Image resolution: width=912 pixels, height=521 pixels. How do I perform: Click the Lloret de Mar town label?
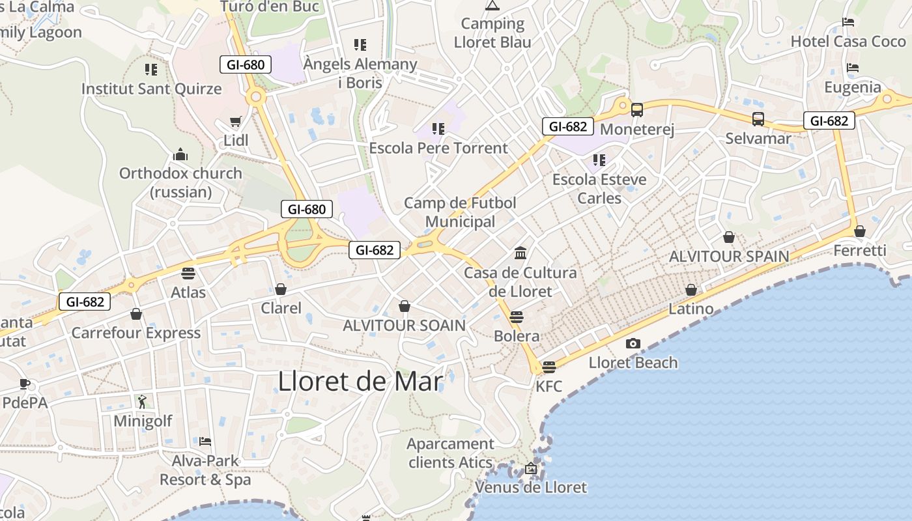360,381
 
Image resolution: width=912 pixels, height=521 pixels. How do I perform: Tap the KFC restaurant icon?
549,367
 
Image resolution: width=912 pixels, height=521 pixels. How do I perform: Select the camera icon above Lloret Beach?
633,343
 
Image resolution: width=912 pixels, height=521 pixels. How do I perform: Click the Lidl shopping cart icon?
236,122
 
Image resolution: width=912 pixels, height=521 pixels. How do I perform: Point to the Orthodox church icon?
180,155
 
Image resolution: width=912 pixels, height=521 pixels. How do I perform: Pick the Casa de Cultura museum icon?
520,253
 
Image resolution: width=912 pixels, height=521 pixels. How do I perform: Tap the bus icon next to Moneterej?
637,110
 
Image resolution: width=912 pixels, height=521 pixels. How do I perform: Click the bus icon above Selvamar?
758,119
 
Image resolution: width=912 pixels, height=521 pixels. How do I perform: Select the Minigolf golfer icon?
143,402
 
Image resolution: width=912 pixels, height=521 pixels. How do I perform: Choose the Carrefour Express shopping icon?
136,315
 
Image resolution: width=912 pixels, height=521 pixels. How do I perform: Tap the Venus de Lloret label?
530,487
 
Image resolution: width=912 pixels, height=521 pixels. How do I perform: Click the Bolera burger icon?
517,317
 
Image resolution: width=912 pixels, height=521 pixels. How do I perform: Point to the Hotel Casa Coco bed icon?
848,22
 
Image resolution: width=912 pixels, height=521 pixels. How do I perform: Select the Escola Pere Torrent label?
438,148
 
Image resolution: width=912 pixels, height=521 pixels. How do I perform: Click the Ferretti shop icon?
860,231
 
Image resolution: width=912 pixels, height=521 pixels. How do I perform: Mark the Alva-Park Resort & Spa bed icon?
205,442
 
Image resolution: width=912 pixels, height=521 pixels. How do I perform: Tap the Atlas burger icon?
188,274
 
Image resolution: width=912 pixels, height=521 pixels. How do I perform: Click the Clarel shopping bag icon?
281,289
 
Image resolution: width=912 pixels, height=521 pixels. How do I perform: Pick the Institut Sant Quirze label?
151,89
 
